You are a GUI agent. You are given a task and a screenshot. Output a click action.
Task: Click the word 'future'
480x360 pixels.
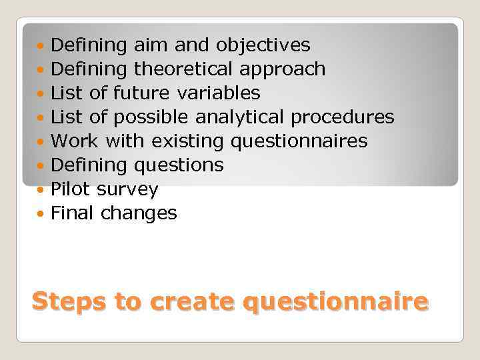[136, 93]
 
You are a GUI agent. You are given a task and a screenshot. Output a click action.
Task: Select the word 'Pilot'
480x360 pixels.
[71, 189]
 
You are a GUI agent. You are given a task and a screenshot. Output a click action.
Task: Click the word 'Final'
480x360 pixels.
[73, 213]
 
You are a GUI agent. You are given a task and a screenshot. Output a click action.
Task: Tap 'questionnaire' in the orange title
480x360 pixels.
[335, 302]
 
